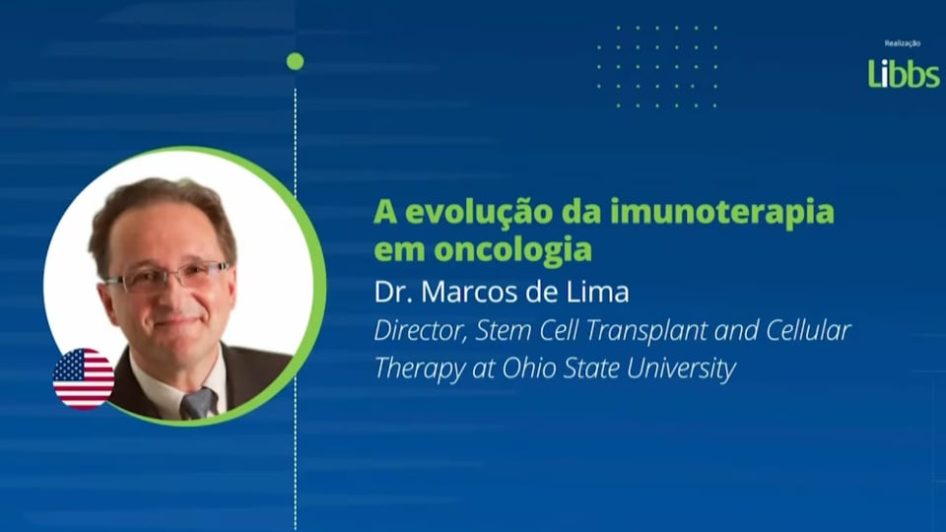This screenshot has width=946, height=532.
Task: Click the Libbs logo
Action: click(x=903, y=74)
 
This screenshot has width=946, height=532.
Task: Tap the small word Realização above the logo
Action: click(x=903, y=44)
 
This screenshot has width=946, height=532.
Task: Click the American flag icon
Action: click(x=83, y=378)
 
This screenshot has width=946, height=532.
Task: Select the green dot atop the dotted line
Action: click(x=295, y=61)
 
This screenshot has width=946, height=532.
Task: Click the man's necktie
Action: click(x=198, y=403)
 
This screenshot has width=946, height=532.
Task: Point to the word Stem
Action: click(x=501, y=331)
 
